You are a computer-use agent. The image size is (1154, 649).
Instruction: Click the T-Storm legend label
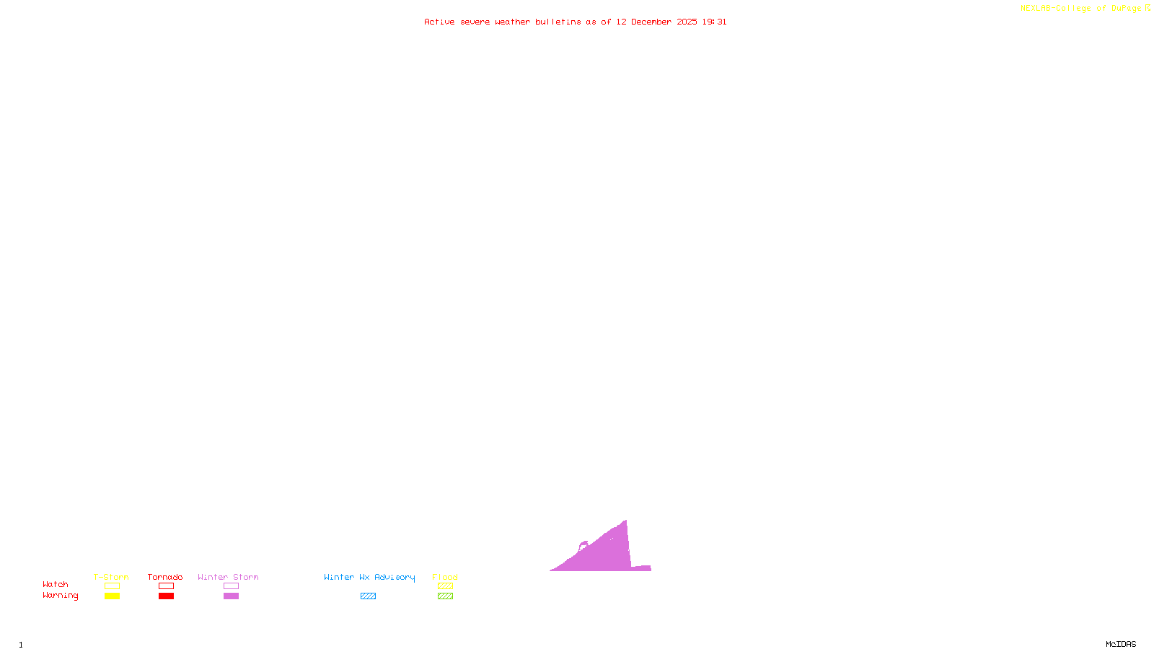tap(111, 577)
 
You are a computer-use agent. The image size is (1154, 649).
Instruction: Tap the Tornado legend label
tap(165, 577)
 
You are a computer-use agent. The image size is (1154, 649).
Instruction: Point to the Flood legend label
tap(445, 577)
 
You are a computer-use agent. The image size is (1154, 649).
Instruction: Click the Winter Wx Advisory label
tap(369, 577)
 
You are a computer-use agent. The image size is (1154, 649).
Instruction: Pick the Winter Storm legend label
tap(228, 577)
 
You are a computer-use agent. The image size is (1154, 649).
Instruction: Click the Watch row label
tap(56, 584)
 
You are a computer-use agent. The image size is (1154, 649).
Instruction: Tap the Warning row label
tap(61, 596)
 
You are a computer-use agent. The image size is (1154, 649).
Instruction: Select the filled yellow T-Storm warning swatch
tap(112, 596)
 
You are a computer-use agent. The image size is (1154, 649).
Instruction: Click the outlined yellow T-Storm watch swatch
tap(112, 586)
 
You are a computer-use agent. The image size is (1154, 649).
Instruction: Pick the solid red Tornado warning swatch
tap(167, 596)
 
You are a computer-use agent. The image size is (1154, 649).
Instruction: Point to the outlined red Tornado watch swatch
tap(167, 586)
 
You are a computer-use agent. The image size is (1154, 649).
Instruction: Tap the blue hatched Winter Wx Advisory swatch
tap(368, 596)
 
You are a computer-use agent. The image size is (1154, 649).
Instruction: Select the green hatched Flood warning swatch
tap(446, 596)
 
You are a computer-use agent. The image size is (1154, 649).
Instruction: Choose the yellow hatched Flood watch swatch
tap(446, 586)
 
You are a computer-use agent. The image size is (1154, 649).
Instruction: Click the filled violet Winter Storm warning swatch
tap(231, 596)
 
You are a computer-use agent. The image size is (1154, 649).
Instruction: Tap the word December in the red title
tap(651, 22)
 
